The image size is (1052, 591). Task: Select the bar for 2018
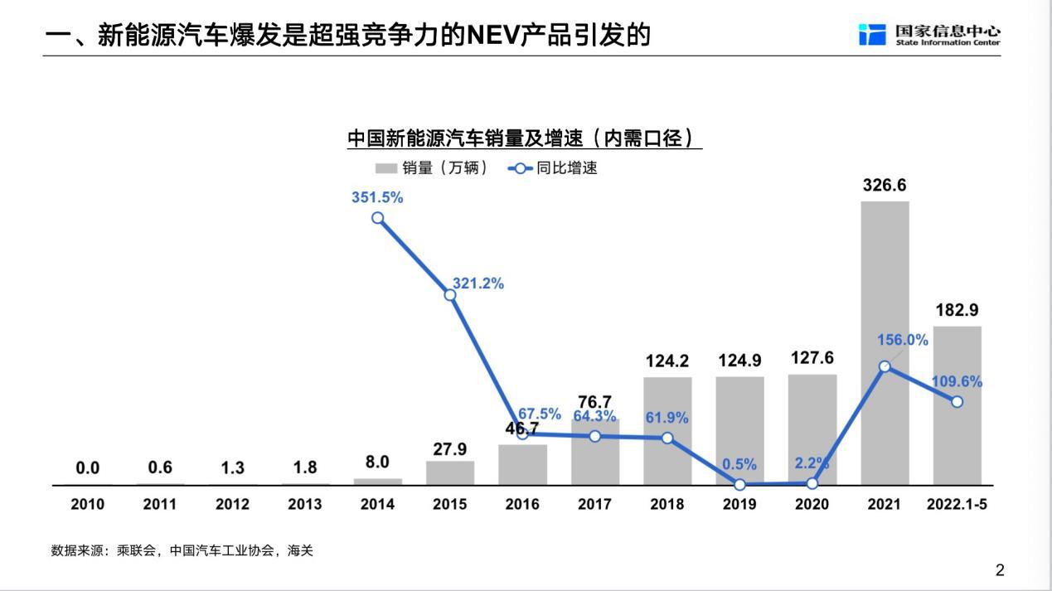coord(667,431)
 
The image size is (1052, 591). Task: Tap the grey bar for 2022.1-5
coord(957,405)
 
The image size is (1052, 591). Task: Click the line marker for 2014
coord(378,218)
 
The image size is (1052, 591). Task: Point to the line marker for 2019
coord(740,485)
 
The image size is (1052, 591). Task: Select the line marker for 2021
coord(885,366)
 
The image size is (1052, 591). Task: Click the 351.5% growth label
coord(377,197)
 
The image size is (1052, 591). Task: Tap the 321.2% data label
coord(478,283)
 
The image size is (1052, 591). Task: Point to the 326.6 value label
coord(885,185)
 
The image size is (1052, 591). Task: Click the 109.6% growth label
coord(957,382)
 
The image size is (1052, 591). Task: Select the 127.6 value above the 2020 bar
coord(812,358)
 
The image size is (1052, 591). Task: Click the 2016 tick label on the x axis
coord(522,504)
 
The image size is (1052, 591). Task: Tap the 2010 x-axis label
coord(88,504)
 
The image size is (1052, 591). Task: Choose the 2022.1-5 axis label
coord(957,504)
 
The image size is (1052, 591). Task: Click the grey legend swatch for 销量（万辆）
coord(386,168)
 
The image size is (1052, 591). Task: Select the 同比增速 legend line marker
coord(520,168)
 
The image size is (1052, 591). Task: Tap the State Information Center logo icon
coord(872,35)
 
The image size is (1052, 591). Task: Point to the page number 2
coord(1000,569)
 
